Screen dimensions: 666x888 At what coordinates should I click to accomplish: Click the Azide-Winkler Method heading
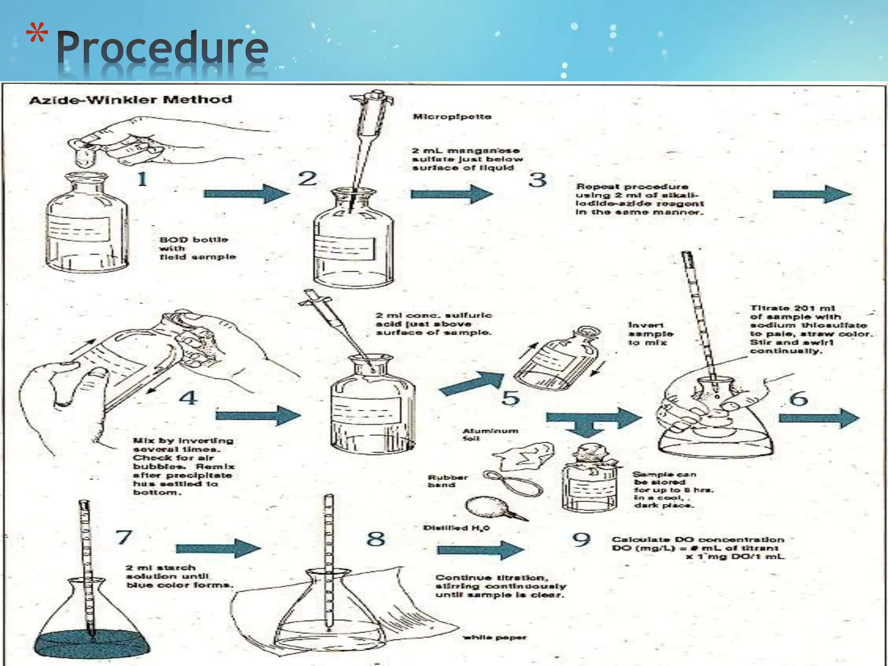pos(130,100)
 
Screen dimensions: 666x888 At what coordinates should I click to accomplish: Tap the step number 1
pos(142,179)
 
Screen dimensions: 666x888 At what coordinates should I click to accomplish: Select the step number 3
pos(537,180)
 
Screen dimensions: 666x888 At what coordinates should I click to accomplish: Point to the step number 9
pos(581,540)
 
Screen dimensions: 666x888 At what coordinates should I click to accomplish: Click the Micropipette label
pos(452,117)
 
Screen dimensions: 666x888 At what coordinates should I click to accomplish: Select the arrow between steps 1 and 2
pos(245,193)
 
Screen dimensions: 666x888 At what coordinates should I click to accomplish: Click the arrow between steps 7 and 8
pos(218,548)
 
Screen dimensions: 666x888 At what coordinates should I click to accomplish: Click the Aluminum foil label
pos(490,434)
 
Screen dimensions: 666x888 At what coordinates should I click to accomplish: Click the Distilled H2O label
pos(456,528)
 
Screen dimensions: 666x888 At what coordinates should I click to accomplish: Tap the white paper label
pos(495,637)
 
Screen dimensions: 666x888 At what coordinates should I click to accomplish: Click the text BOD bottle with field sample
pos(197,248)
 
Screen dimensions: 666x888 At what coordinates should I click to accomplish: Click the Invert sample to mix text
pos(650,334)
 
